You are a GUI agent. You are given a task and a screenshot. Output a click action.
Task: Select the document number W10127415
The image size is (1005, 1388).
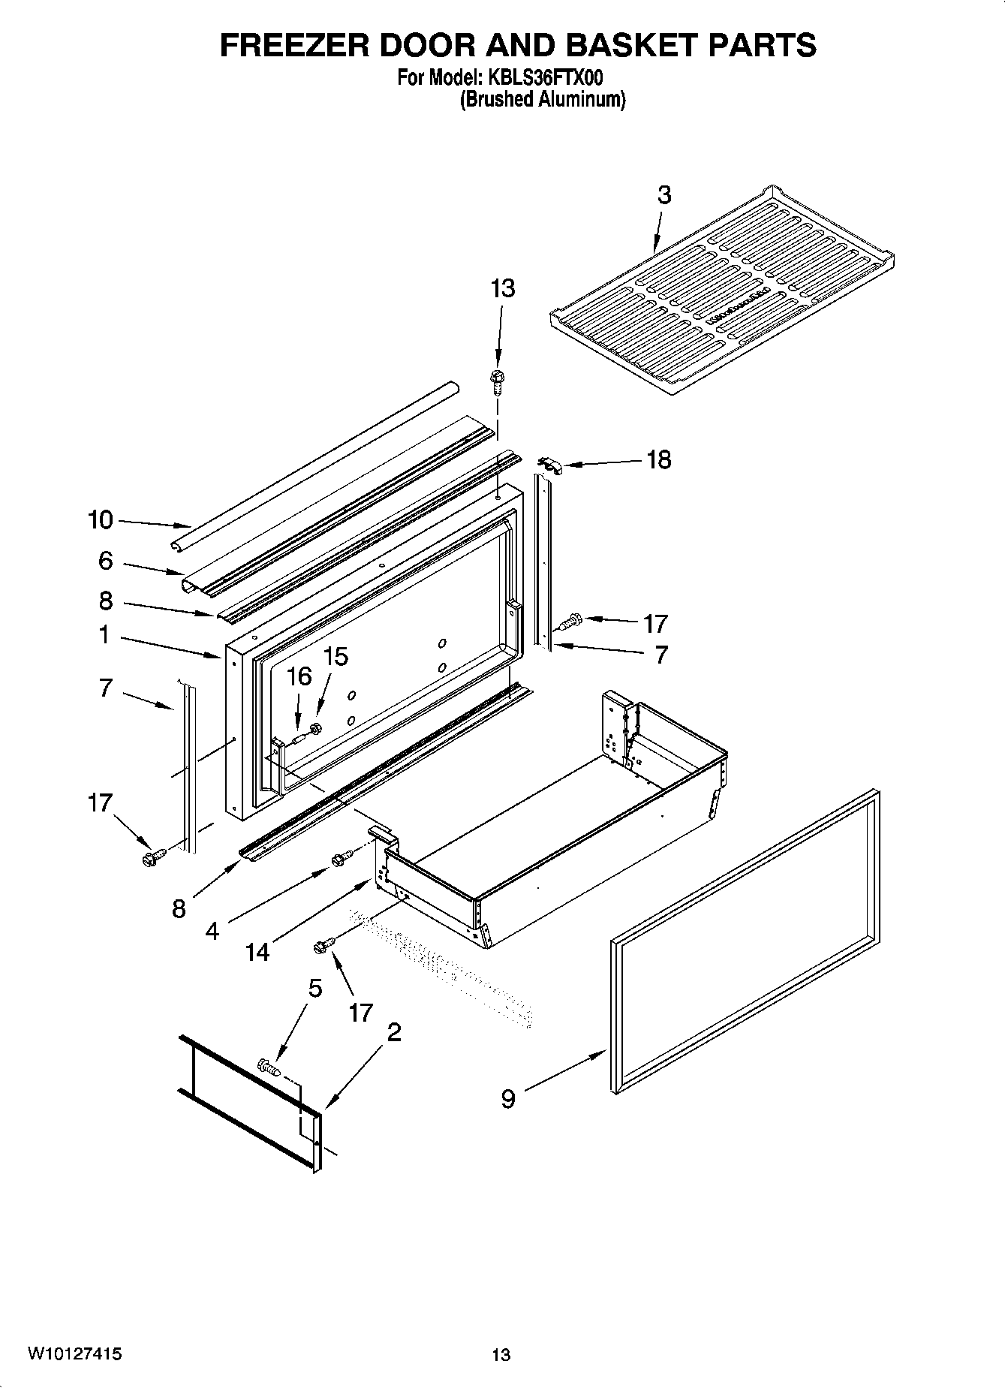(x=75, y=1353)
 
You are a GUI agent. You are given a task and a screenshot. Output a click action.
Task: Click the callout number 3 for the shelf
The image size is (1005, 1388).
(x=664, y=195)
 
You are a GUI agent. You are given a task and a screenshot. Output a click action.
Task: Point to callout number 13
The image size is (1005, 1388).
(x=503, y=288)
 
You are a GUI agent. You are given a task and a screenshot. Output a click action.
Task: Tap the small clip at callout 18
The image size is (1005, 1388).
(x=550, y=465)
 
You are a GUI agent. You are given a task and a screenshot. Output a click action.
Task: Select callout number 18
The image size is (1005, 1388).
(x=658, y=459)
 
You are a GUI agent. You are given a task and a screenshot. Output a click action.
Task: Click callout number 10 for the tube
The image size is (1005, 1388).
(x=101, y=519)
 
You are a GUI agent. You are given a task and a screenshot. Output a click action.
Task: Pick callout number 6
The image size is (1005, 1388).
(x=105, y=560)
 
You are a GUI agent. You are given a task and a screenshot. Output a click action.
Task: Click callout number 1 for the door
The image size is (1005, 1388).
(x=104, y=635)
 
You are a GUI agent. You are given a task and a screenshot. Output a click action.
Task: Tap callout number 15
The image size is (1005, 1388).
(x=336, y=657)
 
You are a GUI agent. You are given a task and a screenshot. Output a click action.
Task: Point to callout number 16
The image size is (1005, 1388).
(x=299, y=676)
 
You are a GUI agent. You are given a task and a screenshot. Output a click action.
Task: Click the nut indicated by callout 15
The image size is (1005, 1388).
(x=316, y=727)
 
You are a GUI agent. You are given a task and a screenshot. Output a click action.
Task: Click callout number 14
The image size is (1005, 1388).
(x=257, y=952)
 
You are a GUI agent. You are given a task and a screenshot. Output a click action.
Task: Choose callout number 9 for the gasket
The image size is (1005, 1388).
(x=508, y=1099)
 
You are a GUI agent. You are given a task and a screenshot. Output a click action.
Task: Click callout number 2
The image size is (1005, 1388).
(x=393, y=1032)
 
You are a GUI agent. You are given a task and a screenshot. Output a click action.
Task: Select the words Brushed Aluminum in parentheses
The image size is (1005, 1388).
(x=542, y=99)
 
